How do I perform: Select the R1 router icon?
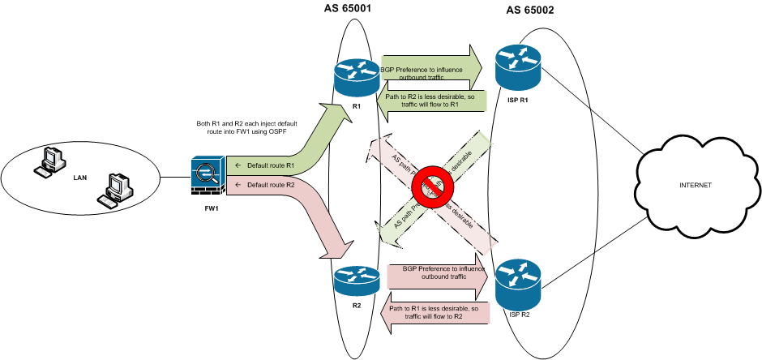356,79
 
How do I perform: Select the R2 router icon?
356,281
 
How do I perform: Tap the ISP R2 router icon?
518,278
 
